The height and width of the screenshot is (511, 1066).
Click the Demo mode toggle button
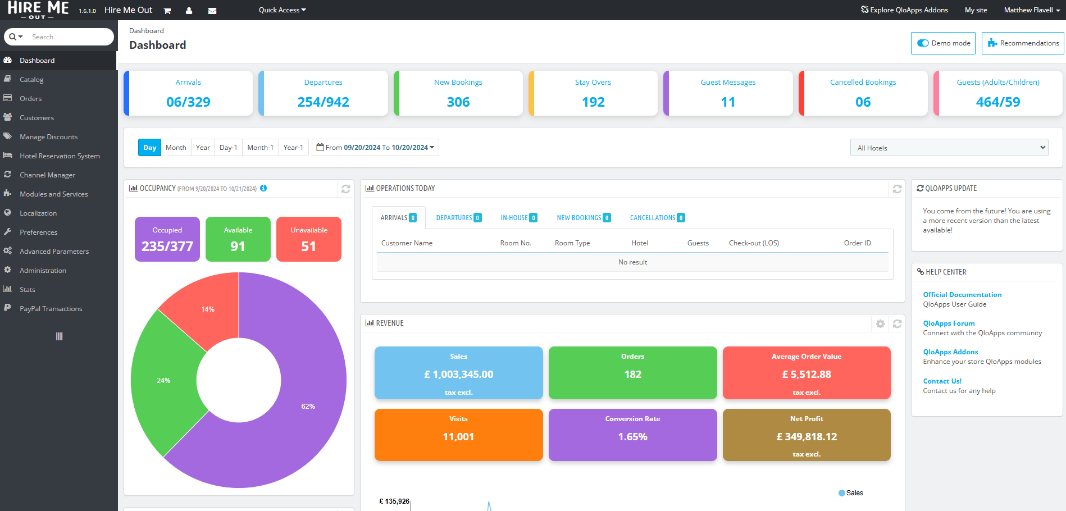click(943, 43)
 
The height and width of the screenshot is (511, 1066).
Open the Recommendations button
click(1023, 43)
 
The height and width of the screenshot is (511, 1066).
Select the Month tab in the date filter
click(176, 148)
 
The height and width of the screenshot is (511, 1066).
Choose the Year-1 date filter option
click(293, 148)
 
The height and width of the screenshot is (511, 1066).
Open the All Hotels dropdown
click(949, 148)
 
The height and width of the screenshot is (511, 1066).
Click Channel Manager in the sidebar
click(47, 175)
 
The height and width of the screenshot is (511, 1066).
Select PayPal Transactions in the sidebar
click(51, 309)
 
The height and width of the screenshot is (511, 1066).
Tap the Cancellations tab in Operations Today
click(657, 218)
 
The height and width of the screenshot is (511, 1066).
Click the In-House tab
click(518, 218)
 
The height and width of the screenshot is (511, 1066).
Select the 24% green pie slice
click(164, 381)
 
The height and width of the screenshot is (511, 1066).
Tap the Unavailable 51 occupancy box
click(308, 239)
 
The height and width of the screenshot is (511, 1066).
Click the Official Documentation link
click(962, 295)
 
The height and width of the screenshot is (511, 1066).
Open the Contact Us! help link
click(942, 381)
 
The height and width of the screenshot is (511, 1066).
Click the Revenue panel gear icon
click(880, 323)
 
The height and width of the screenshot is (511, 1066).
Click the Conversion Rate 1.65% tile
click(632, 435)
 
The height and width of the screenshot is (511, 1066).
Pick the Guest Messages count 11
click(728, 102)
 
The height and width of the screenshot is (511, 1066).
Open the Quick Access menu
click(282, 10)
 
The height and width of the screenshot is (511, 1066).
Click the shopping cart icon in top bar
click(167, 11)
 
